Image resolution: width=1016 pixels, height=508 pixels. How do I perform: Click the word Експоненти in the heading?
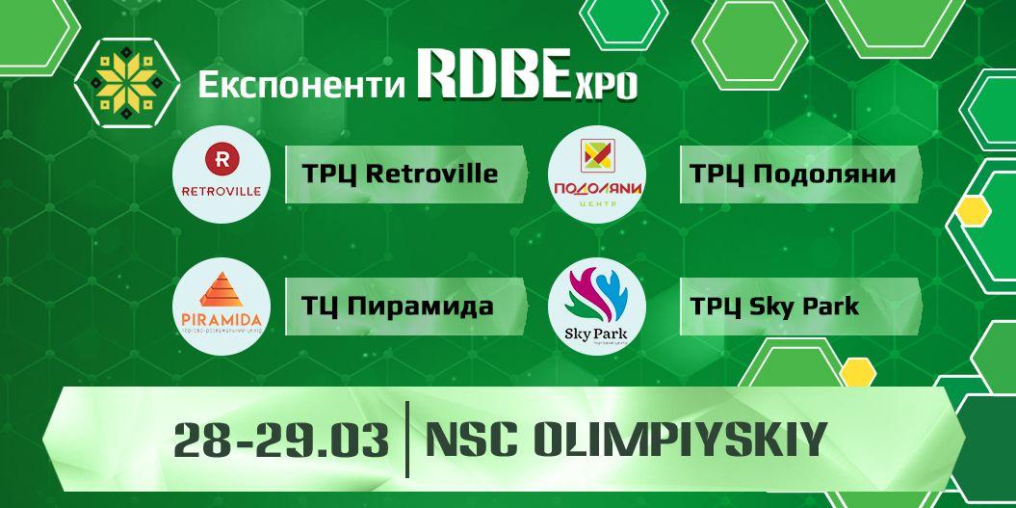300,85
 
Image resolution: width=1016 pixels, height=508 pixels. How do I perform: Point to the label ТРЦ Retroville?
400,174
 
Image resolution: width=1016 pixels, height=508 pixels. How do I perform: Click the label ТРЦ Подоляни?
793,174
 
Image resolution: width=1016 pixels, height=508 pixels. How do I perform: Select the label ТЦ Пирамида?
398,307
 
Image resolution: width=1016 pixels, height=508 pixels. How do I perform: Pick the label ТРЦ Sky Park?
774,307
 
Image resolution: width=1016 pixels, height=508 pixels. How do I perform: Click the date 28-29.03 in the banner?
281,441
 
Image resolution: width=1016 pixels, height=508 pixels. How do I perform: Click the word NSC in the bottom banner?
472,441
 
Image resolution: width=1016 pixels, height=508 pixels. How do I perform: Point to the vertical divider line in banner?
407,441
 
